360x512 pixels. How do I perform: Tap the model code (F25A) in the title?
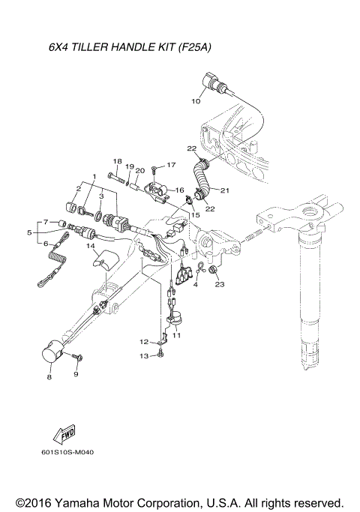(194, 47)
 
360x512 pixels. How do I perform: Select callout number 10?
(196, 100)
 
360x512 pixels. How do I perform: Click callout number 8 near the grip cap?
(49, 379)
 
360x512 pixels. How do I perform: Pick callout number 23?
(219, 285)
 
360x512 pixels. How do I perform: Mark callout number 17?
(171, 164)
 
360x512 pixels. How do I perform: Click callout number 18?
(116, 161)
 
